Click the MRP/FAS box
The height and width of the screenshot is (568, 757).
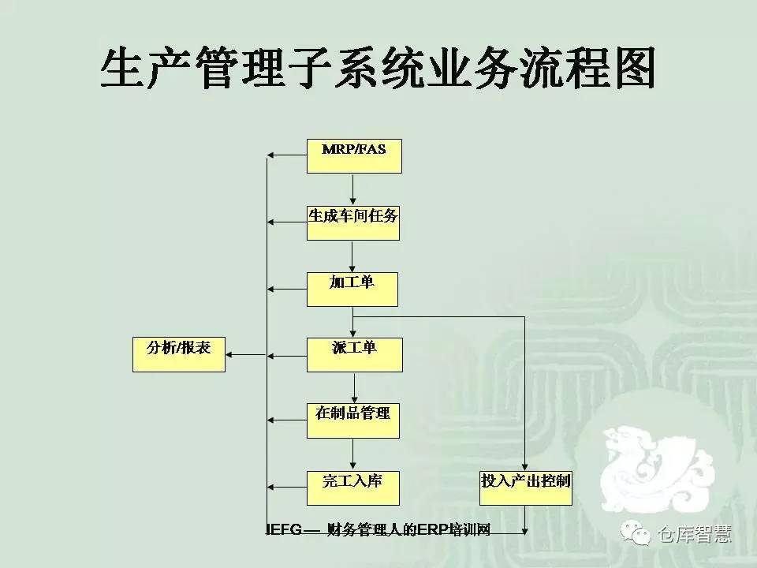coord(354,155)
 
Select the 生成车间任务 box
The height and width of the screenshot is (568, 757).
coord(353,222)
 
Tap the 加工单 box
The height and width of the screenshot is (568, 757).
coord(352,289)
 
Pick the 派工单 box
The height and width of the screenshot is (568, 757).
coord(354,354)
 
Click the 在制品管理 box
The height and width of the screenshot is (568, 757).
coord(353,420)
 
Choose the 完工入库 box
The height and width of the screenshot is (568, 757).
coord(353,488)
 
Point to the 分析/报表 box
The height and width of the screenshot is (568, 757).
coord(180,354)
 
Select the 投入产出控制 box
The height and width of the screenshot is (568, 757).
coord(526,488)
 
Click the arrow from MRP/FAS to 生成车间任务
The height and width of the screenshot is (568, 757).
coord(353,189)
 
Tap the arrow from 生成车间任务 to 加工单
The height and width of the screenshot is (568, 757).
coord(353,256)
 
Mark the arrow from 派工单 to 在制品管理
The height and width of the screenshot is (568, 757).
coord(353,387)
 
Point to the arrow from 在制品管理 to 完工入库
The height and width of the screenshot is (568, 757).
coord(353,454)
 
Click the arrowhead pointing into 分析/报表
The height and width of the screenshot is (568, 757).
coord(230,354)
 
